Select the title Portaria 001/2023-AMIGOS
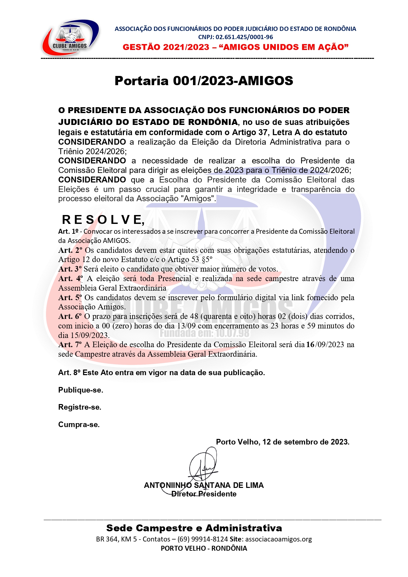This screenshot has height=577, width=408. [x=204, y=81]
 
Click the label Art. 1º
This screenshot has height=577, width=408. [x=68, y=231]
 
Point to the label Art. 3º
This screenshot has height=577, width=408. [x=70, y=269]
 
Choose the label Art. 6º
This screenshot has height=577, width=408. [x=70, y=316]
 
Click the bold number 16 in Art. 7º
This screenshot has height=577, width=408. [x=310, y=345]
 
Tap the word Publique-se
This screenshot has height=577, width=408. [x=81, y=390]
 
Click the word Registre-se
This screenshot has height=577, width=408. [x=80, y=407]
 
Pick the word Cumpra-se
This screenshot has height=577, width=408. [x=79, y=425]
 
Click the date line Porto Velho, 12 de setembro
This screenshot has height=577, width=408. [x=282, y=442]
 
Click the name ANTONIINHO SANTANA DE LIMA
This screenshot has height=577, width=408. [x=204, y=485]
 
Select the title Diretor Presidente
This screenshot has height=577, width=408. [x=204, y=494]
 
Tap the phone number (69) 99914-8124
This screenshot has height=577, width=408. [x=203, y=539]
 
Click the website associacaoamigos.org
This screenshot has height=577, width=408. [x=278, y=539]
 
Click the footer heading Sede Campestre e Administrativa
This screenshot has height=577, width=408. [x=194, y=528]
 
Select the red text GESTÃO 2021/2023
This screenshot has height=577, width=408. [x=166, y=47]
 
